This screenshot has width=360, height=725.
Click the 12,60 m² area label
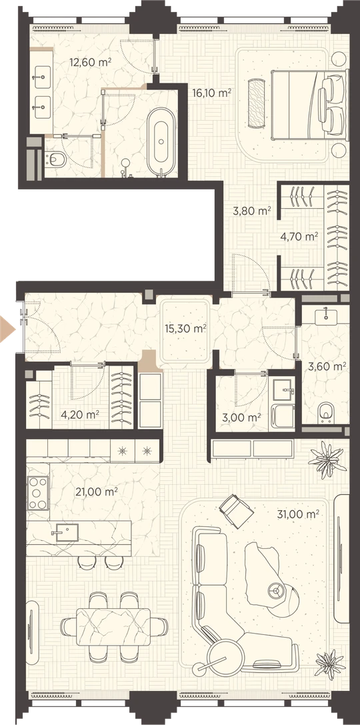(91, 61)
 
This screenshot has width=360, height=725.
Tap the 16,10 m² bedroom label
(211, 93)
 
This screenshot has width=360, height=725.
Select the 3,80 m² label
(251, 211)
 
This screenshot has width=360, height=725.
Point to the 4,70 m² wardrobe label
(299, 237)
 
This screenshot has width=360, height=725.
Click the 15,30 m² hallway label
(185, 329)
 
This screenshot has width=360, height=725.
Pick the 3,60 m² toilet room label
(327, 367)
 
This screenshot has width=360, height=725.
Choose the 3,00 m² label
(242, 418)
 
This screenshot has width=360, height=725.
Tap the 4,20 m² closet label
(81, 414)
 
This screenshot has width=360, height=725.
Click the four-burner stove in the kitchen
(38, 493)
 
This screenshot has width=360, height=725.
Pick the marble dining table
(113, 628)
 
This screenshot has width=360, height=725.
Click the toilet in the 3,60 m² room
(327, 412)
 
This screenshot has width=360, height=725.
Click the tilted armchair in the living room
(236, 511)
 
